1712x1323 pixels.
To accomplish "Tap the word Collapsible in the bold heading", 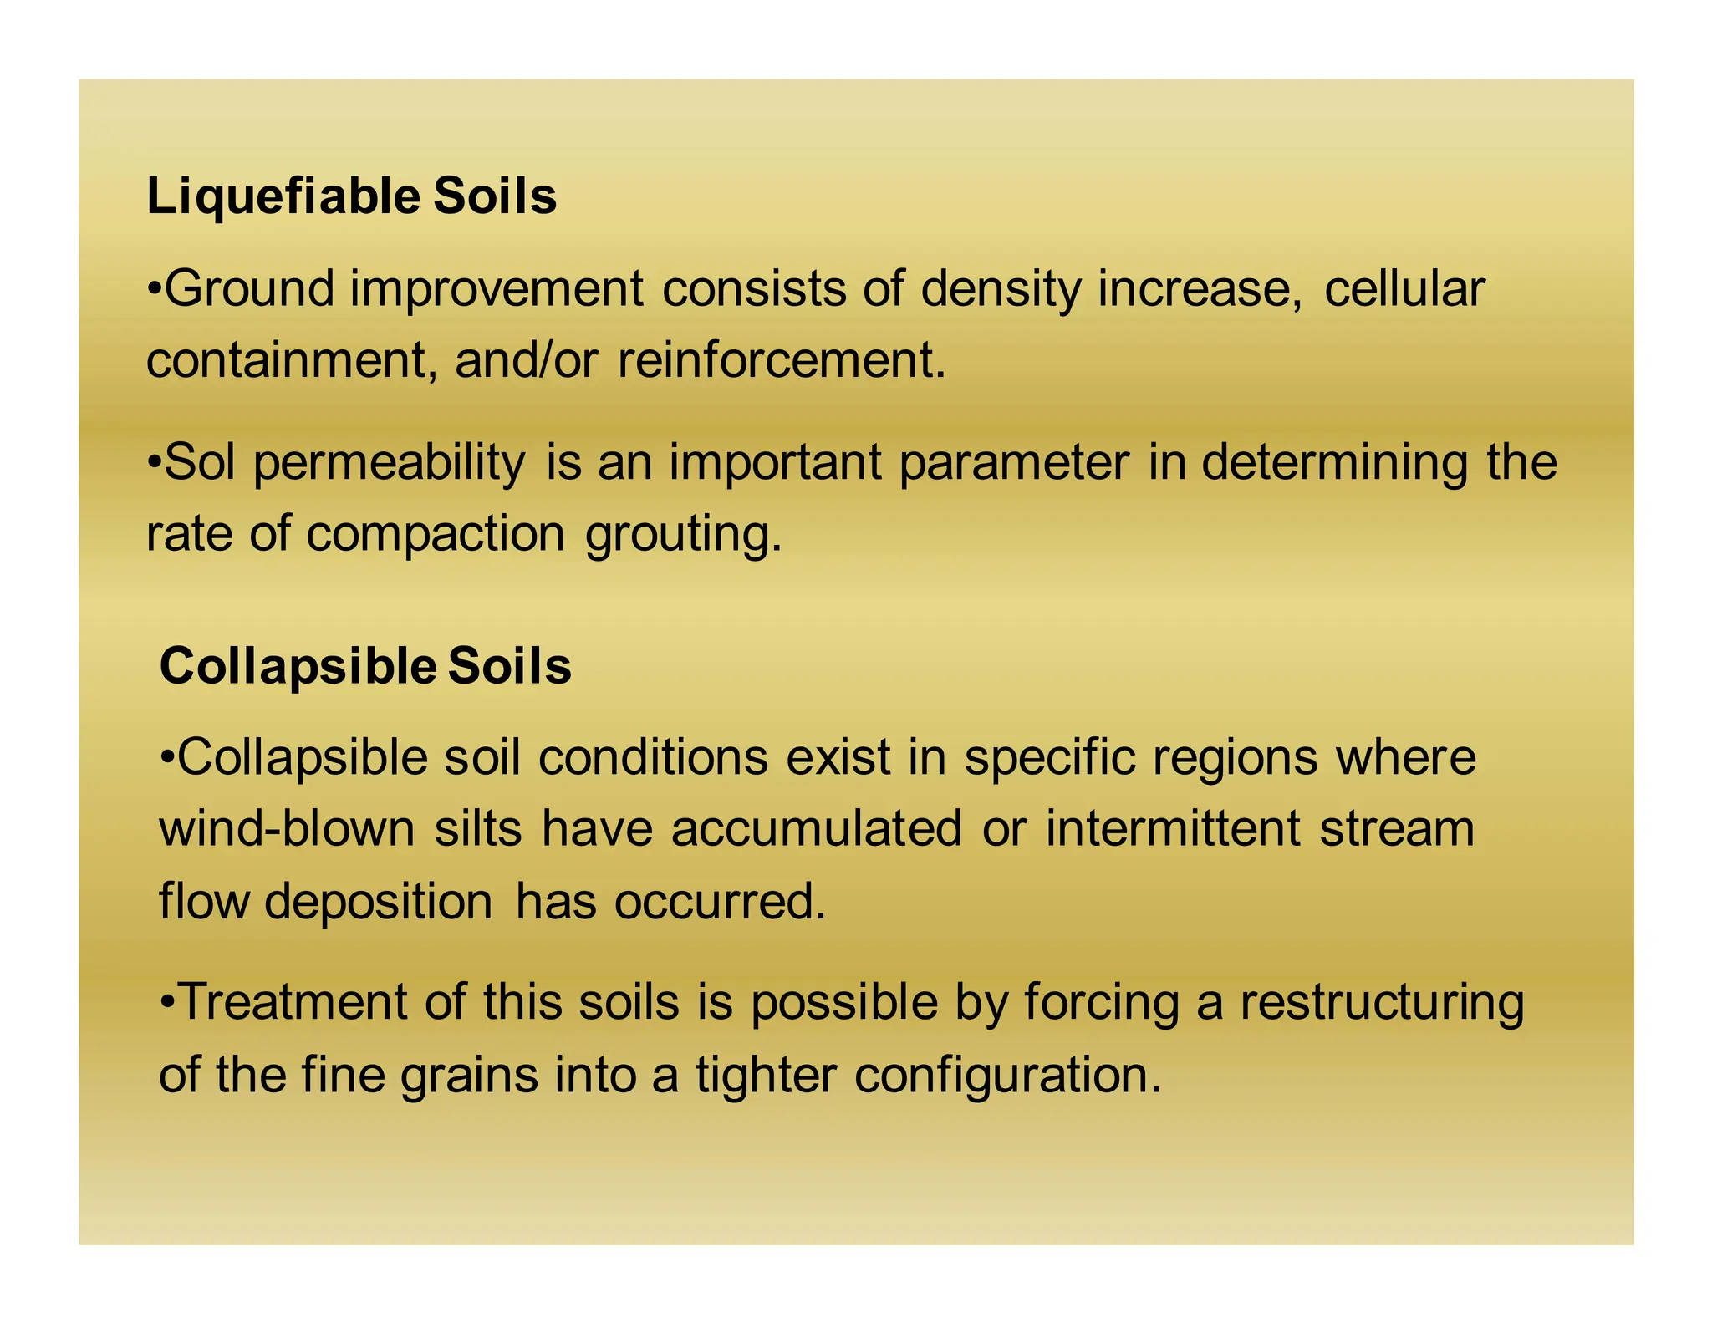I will (297, 666).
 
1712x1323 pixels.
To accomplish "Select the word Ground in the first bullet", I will (250, 289).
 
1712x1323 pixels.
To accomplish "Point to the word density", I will (1000, 289).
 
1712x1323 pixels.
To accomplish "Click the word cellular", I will (1404, 289).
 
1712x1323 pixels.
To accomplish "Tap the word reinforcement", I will (781, 361).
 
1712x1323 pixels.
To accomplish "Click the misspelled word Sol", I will (200, 462).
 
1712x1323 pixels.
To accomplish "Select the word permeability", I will (390, 464).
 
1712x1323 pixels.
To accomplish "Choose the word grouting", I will (683, 535).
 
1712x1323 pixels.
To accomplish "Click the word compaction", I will (436, 535).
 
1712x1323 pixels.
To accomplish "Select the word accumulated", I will (817, 829).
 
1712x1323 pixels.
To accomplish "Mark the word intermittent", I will (1173, 829).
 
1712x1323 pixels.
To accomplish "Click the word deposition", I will (379, 903).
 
